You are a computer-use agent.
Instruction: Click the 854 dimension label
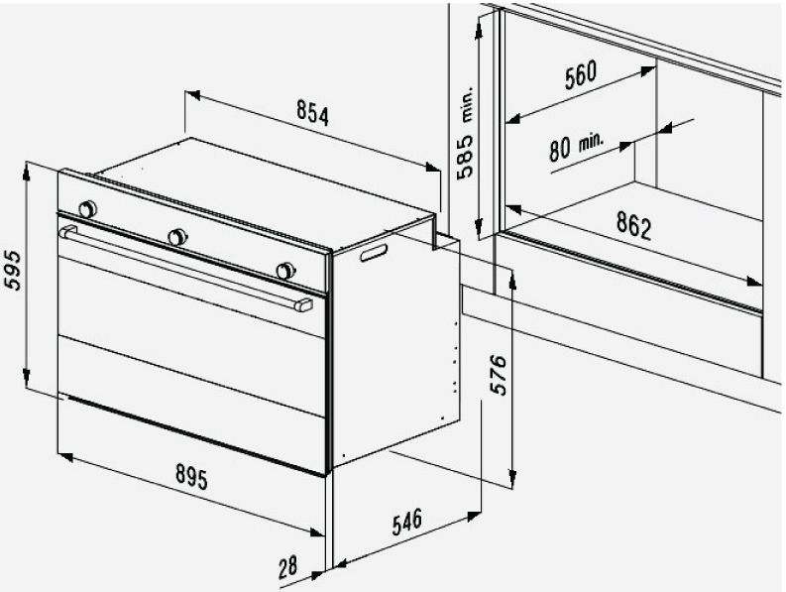(313, 112)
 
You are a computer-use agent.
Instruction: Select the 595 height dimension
(14, 271)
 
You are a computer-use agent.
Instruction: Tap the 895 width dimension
(191, 476)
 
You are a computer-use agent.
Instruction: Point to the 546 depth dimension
(406, 523)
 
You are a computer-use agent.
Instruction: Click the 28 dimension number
(287, 567)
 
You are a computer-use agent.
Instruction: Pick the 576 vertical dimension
(498, 375)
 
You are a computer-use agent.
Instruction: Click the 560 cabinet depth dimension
(581, 74)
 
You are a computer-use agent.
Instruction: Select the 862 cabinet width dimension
(633, 225)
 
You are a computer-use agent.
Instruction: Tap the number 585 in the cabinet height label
(465, 157)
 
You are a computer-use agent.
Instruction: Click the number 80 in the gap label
(560, 150)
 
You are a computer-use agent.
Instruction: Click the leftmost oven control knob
(88, 208)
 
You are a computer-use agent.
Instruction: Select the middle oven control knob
(177, 237)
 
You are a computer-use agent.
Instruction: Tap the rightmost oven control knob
(285, 271)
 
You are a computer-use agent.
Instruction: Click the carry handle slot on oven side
(374, 252)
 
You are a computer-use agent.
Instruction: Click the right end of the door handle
(303, 305)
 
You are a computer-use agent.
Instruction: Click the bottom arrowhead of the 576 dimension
(511, 478)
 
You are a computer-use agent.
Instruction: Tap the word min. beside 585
(467, 104)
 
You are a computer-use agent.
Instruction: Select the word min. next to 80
(592, 142)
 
